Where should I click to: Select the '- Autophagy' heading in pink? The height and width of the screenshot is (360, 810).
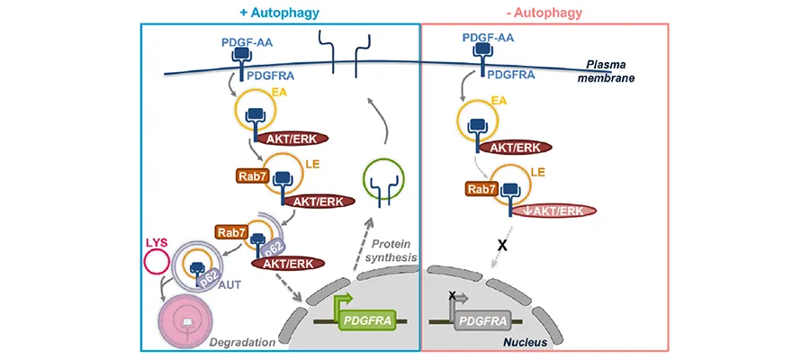[545, 12]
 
